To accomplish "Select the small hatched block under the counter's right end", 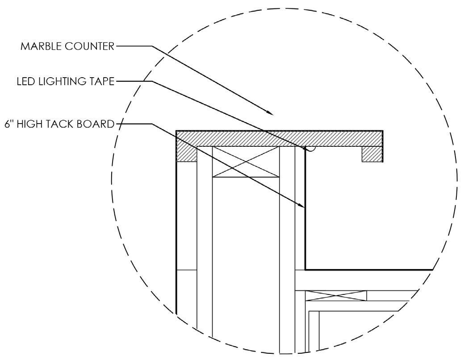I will (x=372, y=154).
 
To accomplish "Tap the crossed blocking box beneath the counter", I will (x=246, y=161).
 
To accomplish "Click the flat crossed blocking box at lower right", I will (x=336, y=295).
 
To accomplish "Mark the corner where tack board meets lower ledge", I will (x=305, y=269).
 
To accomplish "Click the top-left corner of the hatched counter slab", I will (x=177, y=131).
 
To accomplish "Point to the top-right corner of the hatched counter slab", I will (x=383, y=131).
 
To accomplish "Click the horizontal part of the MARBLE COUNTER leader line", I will (x=134, y=46).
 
